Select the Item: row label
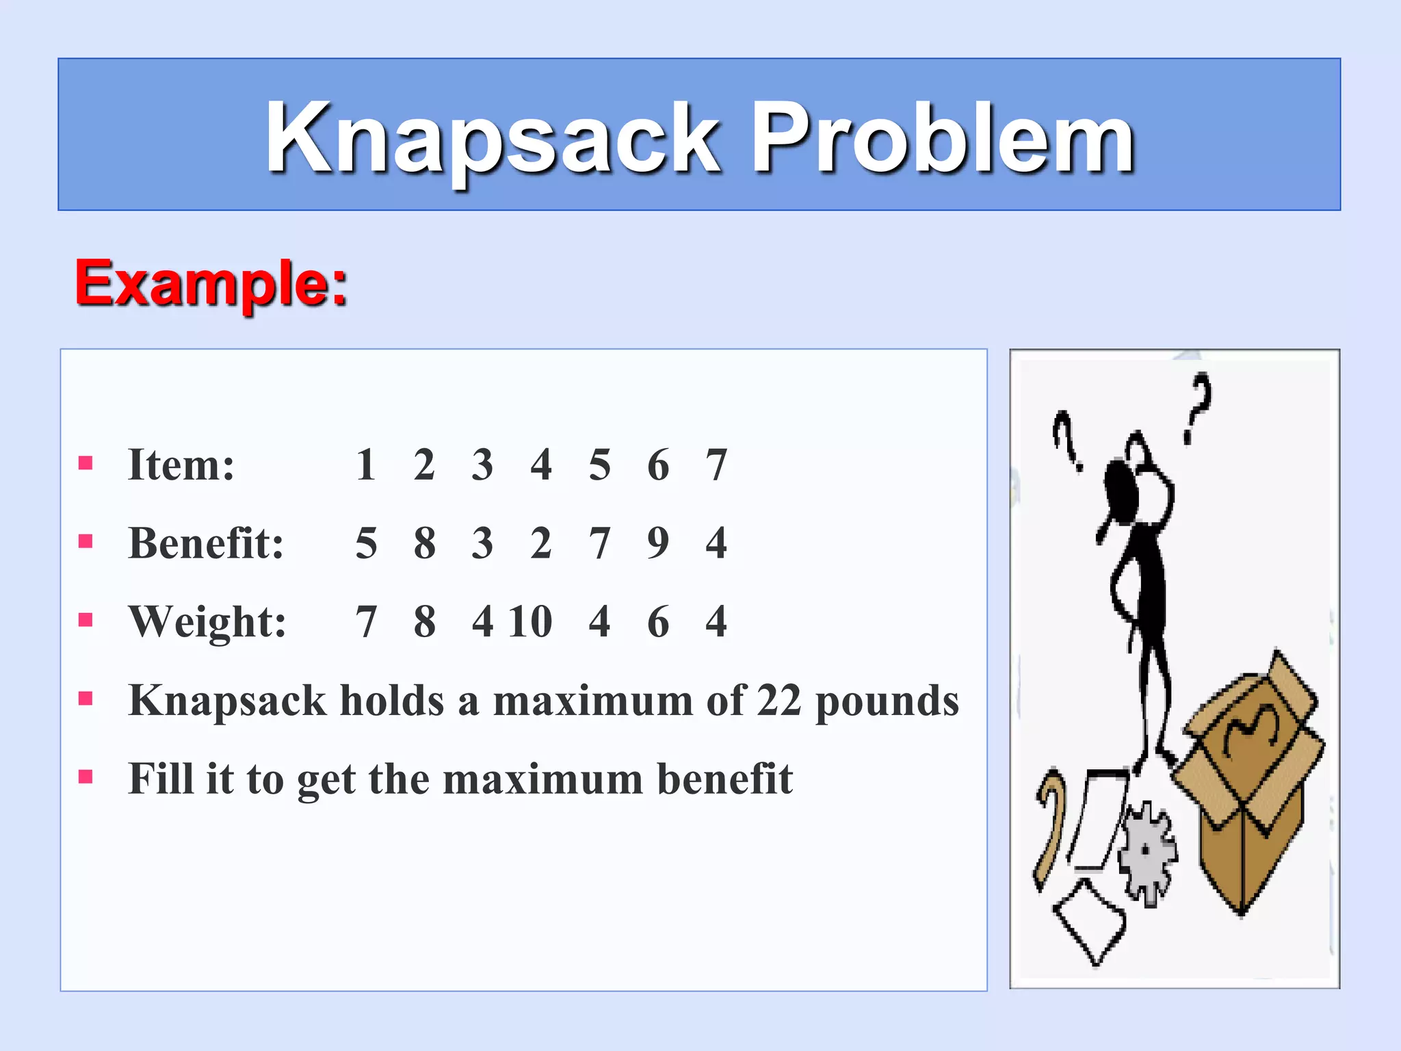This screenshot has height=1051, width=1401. [x=181, y=465]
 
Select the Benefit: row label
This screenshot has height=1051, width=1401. [x=206, y=543]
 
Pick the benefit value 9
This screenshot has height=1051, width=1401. [x=658, y=543]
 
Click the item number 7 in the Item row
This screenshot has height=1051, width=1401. [x=716, y=465]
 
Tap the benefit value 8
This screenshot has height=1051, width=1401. [x=424, y=543]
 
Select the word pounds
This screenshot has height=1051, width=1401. [x=887, y=702]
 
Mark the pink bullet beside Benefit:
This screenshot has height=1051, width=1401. [x=86, y=542]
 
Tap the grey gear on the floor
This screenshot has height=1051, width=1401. [x=1147, y=852]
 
